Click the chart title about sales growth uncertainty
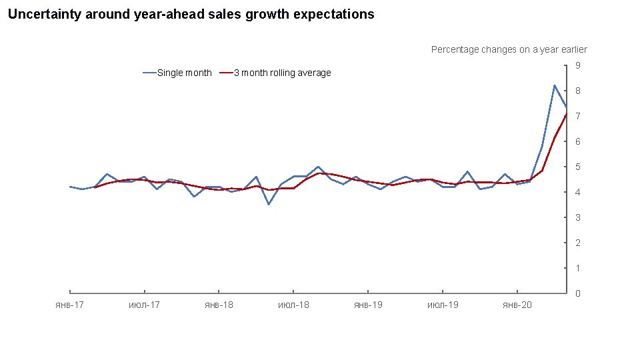coord(191,14)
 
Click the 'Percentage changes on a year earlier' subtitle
coord(509,49)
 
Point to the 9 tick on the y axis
coord(578,65)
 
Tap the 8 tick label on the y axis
coord(578,91)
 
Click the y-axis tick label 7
coord(578,116)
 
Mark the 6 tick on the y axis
coord(578,141)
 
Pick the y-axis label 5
coord(578,167)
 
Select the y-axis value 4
coord(578,192)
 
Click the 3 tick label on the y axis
coord(578,217)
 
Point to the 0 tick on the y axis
coord(578,293)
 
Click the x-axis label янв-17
coord(69,305)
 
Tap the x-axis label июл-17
coord(144,305)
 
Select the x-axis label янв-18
coord(219,305)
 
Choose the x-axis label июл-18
coord(293,305)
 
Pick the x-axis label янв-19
coord(368,305)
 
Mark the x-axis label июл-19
coord(443,305)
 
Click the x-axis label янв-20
coord(517,305)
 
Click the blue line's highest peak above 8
coord(554,85)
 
